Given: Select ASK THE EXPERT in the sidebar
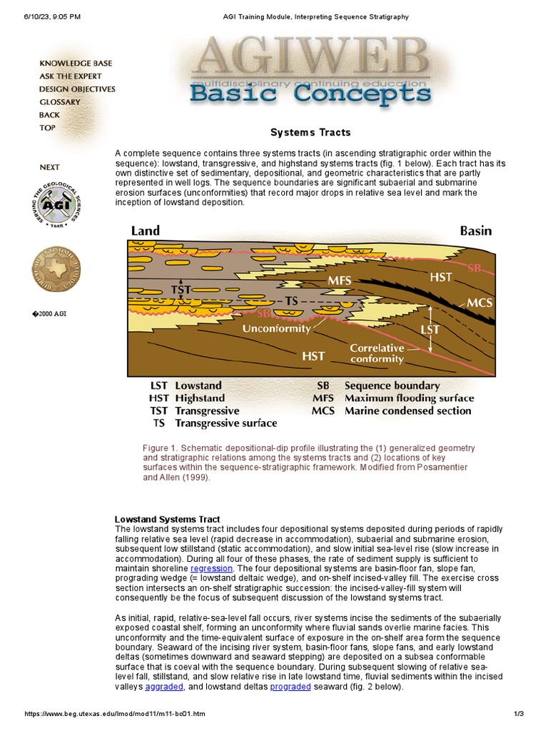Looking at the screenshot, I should point(70,76).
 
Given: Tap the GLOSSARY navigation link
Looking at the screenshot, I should point(60,102).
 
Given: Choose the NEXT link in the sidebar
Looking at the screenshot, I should point(50,167).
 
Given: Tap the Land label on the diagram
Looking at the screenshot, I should point(146,231).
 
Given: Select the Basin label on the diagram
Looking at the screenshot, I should point(475,231).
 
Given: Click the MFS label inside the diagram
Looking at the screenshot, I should point(340,281).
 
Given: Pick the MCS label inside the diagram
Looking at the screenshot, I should point(480,303).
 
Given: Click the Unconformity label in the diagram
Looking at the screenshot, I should point(277,329).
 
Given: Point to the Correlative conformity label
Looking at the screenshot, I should point(377,353).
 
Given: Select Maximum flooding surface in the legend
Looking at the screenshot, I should point(409,398).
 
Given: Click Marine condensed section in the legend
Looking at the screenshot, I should point(407,410).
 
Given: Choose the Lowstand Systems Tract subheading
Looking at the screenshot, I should point(168,519).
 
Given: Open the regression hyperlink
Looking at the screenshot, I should point(211,568).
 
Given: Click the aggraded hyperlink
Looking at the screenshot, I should point(164,687).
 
